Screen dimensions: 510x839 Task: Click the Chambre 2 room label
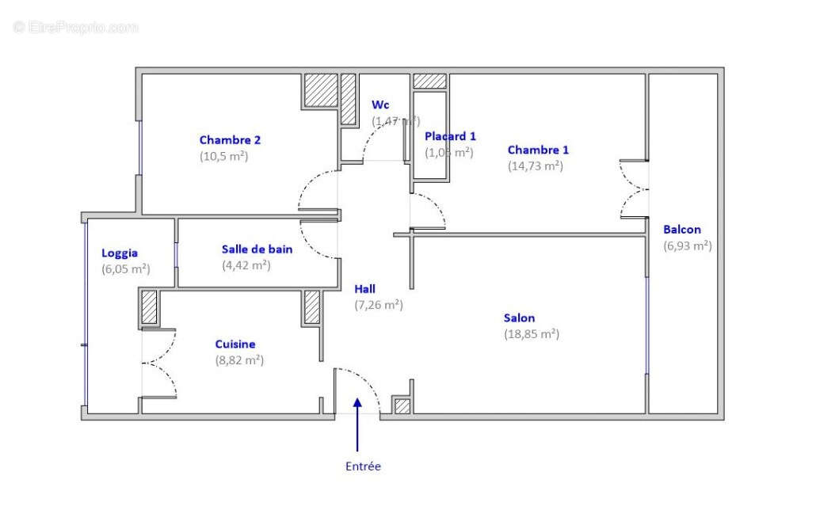[230, 140]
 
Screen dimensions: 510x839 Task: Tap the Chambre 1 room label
[538, 150]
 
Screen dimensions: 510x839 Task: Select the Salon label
[519, 318]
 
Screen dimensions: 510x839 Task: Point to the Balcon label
[682, 230]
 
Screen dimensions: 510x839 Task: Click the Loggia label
[120, 253]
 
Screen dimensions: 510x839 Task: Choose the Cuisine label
[235, 344]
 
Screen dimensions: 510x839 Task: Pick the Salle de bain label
[257, 249]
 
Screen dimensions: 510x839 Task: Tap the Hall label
[365, 289]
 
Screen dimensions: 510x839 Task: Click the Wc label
[380, 105]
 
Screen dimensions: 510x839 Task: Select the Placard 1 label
[450, 136]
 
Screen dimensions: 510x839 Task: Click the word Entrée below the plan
[363, 466]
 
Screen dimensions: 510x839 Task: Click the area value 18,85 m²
[532, 334]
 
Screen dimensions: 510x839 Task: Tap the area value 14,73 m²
[535, 166]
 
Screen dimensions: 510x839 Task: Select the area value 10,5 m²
[223, 156]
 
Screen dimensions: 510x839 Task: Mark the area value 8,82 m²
[238, 360]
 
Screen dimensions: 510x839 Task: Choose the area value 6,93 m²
[687, 245]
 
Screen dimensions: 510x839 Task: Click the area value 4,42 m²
[246, 265]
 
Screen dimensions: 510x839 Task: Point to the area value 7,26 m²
[379, 305]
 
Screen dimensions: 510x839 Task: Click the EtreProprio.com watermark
[75, 27]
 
